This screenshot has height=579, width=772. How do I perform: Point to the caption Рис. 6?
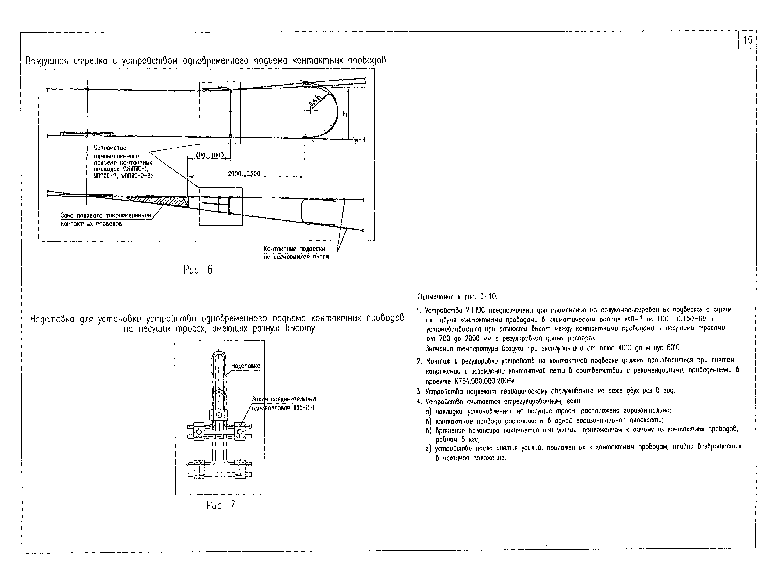click(198, 270)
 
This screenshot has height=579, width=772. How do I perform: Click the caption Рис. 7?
click(221, 505)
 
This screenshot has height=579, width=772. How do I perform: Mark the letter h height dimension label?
click(345, 114)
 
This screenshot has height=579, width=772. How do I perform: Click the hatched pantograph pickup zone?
click(161, 201)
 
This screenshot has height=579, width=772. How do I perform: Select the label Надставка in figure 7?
click(246, 366)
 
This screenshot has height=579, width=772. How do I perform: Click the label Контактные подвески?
click(294, 249)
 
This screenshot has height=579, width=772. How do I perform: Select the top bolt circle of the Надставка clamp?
click(218, 415)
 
